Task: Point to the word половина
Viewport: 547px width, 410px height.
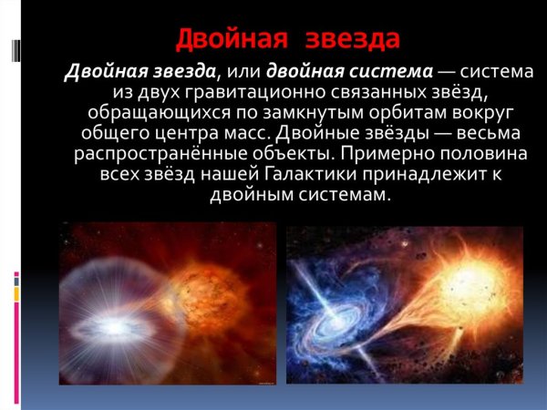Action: coord(456,155)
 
